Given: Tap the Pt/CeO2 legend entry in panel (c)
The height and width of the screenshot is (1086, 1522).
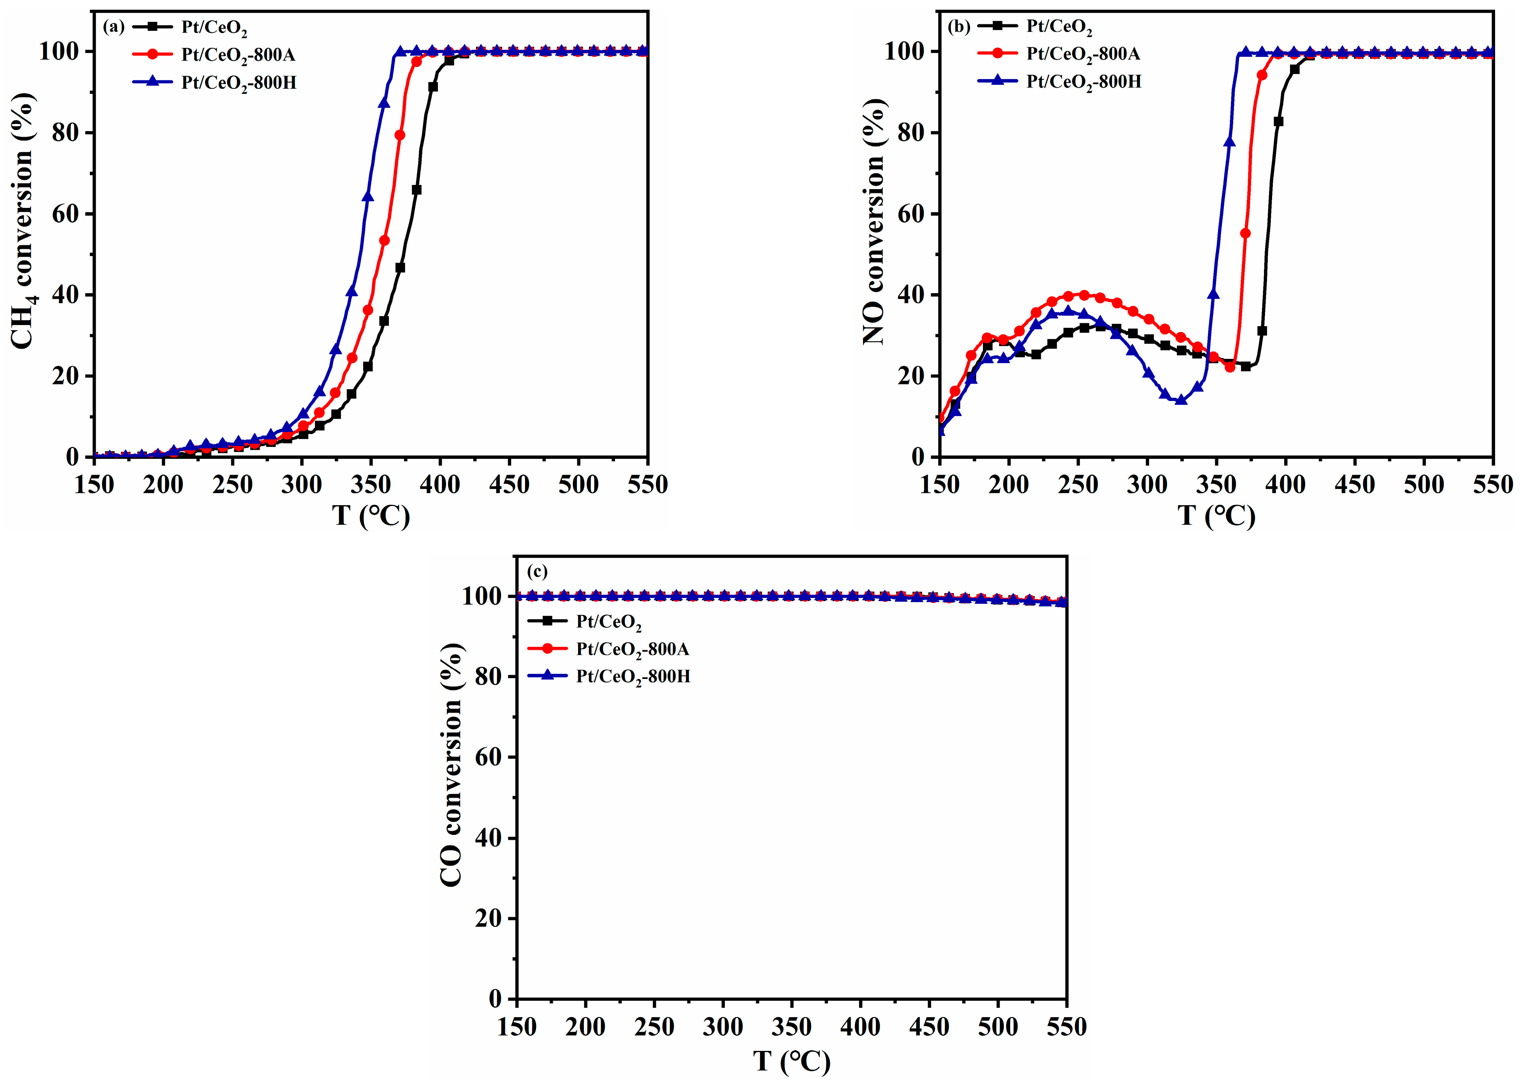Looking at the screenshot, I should tap(608, 622).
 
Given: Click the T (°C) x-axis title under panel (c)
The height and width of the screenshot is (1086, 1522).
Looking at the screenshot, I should tap(792, 1061).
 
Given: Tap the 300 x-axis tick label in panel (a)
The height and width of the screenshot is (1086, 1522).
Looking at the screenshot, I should tap(302, 484).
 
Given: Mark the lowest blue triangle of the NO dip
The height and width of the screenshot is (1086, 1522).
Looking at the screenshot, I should tap(1181, 400).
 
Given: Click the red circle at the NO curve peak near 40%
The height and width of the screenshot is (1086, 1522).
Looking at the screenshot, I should tap(1084, 295).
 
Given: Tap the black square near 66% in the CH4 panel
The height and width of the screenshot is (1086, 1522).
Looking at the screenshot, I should tap(417, 190).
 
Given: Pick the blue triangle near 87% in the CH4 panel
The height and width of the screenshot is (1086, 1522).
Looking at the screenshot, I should tap(384, 103).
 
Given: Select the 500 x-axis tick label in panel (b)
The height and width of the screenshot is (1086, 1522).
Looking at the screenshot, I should tap(1424, 484).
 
